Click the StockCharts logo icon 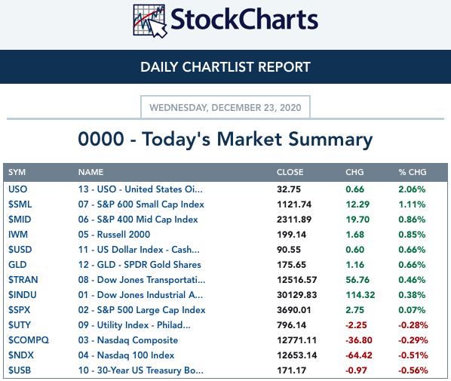click(149, 21)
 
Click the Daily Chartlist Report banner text click(226, 67)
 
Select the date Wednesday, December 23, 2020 click(226, 108)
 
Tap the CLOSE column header click(290, 172)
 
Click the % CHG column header click(413, 172)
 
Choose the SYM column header click(17, 172)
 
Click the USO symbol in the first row click(18, 189)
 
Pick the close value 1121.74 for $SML click(294, 204)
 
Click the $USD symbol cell click(20, 250)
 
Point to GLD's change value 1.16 click(355, 265)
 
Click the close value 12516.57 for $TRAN click(297, 280)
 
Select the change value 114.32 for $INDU click(360, 295)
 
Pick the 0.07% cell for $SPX click(412, 310)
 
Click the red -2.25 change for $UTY click(356, 325)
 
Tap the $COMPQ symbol click(29, 340)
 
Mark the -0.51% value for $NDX click(413, 355)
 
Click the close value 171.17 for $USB click(291, 370)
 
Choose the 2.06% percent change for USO click(412, 189)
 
